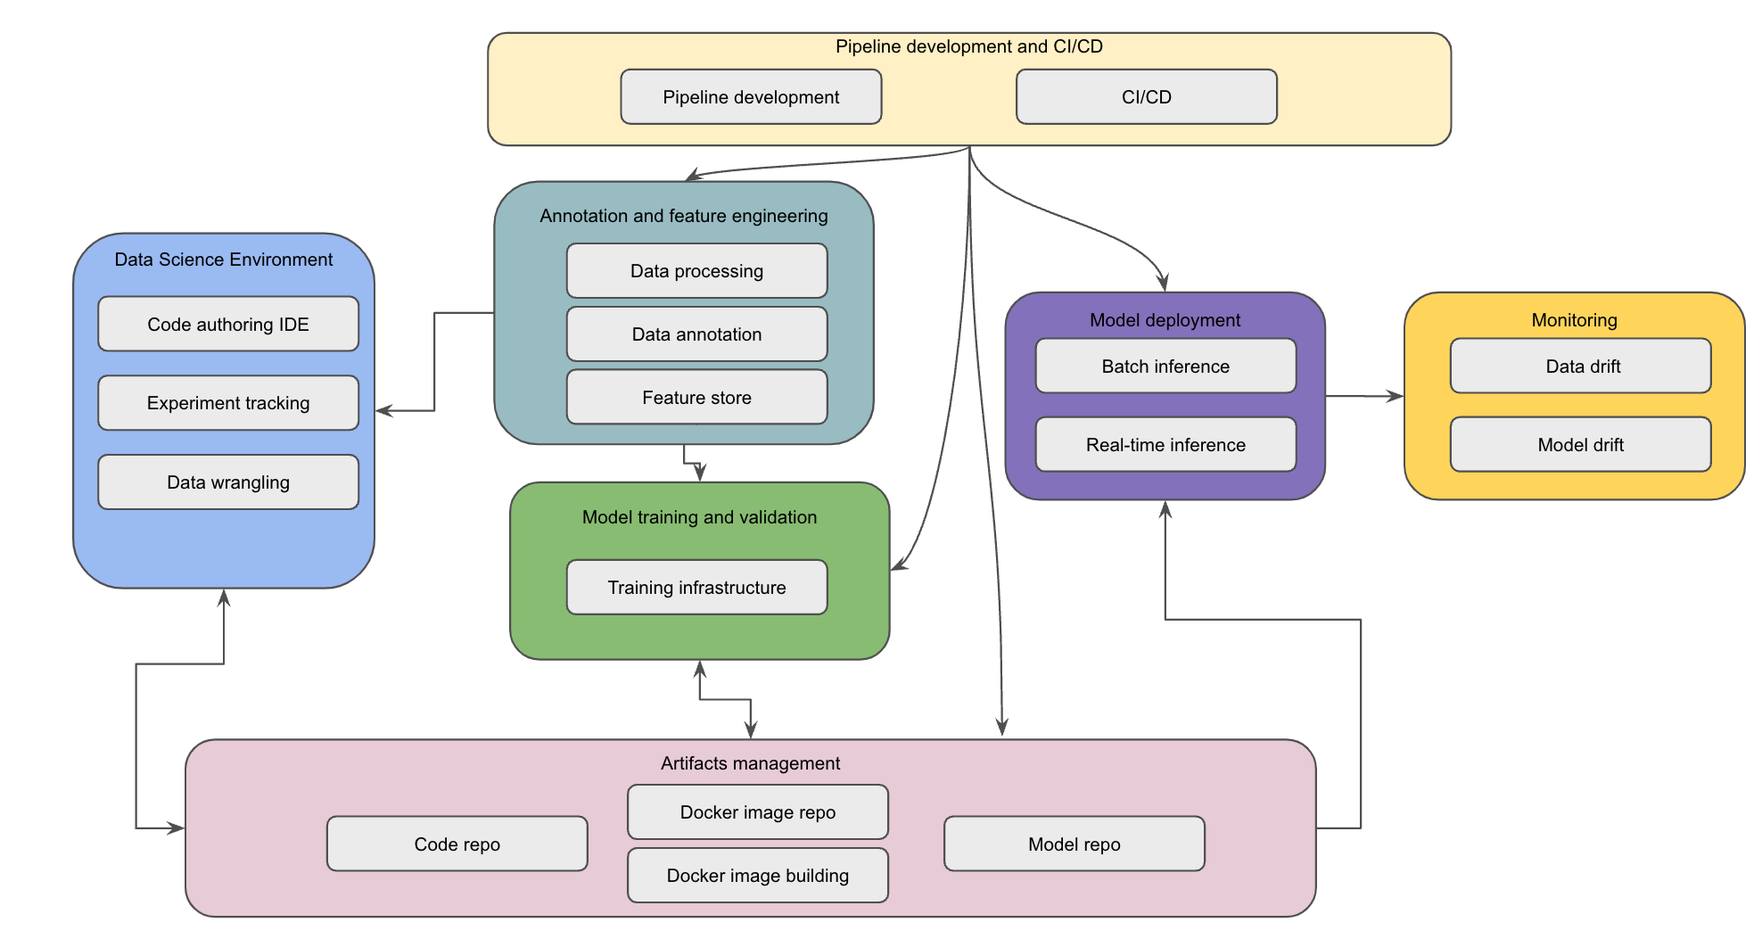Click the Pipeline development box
coord(751,96)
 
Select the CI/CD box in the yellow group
coord(1146,96)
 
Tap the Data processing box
coord(696,270)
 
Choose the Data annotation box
coord(696,334)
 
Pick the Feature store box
coord(696,397)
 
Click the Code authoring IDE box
coord(228,324)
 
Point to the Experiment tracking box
coord(228,402)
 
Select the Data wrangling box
coord(228,482)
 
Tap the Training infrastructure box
coord(696,587)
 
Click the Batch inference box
coord(1165,366)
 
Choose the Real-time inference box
coord(1165,444)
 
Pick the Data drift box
coord(1580,366)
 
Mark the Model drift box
coord(1580,444)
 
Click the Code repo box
coord(457,844)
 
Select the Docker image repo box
coord(757,811)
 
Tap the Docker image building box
coord(757,875)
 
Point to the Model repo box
coord(1074,844)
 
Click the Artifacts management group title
coord(750,763)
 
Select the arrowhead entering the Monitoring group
coord(1396,396)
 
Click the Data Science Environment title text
coord(223,259)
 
